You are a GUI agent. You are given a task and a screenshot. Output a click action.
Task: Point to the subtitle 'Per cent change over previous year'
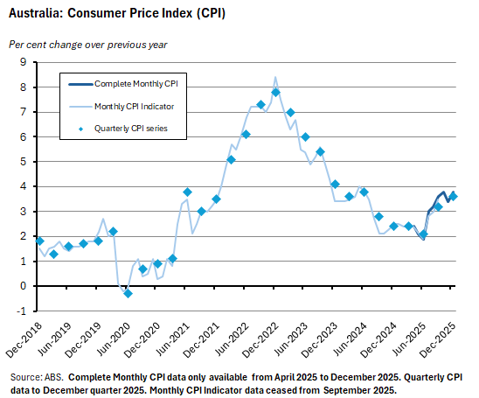[x=87, y=44]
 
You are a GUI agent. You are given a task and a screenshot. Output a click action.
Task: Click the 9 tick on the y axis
[x=24, y=62]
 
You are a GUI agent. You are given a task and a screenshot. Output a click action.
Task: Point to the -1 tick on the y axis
[x=23, y=311]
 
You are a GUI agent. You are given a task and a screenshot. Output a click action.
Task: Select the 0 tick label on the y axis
[x=24, y=286]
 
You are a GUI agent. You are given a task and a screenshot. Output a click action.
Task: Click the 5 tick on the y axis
[x=24, y=162]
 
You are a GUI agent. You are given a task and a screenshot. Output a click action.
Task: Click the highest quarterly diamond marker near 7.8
[x=275, y=92]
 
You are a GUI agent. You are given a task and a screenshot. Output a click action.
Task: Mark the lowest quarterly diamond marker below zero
[x=128, y=293]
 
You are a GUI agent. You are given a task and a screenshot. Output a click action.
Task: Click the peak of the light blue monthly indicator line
[x=275, y=77]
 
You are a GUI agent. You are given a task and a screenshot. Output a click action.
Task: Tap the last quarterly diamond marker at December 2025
[x=453, y=197]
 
